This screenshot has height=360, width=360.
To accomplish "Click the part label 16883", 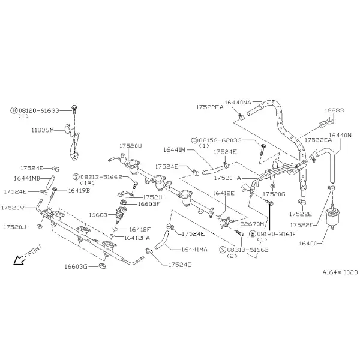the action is tap(334, 110).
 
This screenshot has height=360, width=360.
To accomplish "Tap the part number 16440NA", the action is tap(238, 103).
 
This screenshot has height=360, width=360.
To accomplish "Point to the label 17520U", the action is tap(131, 146).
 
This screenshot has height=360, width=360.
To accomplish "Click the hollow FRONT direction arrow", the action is tap(19, 260).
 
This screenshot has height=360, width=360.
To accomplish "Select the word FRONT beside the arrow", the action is tap(33, 251).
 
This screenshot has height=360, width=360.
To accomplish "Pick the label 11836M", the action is tap(43, 130).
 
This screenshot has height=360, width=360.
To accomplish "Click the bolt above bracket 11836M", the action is tap(74, 109).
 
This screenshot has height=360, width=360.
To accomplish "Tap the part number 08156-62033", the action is tap(220, 140).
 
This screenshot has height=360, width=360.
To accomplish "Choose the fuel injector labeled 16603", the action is tap(121, 215).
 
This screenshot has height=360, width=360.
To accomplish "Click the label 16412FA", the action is tap(137, 238).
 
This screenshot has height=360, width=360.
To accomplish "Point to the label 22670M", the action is tap(253, 224).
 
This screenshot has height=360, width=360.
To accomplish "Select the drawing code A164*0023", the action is tap(340, 272).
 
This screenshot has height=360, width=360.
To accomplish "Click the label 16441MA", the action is tap(194, 250).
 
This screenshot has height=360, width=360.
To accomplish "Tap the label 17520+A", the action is tap(227, 178).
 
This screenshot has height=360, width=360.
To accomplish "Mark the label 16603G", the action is tap(76, 266).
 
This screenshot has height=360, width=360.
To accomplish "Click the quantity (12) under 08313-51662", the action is tap(87, 183).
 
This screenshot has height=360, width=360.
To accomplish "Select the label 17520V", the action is tap(13, 208).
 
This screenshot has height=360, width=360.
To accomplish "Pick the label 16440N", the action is tap(340, 136).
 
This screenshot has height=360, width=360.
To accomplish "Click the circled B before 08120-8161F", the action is tap(253, 234).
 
